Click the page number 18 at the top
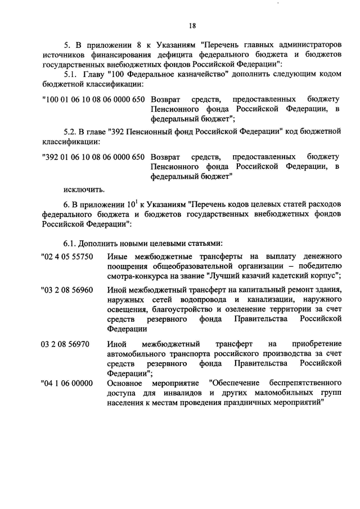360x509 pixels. point(192,25)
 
